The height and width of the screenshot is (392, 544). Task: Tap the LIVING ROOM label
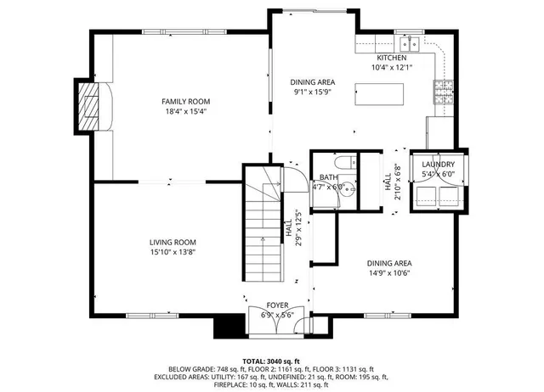[173, 242]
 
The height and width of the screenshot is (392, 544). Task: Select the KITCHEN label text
[391, 58]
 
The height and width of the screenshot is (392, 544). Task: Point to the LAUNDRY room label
[439, 165]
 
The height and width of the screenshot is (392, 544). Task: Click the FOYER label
[277, 305]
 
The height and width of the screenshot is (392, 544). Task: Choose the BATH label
[327, 176]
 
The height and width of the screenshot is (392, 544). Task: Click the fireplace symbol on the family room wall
[88, 106]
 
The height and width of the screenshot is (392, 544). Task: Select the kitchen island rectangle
[380, 93]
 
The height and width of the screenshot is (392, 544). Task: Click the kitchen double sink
[409, 43]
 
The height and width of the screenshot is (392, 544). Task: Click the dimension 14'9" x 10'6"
[389, 273]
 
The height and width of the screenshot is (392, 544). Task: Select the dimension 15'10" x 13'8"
[173, 252]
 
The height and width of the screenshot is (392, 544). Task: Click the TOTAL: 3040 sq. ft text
[272, 360]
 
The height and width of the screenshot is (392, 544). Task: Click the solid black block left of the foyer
[227, 327]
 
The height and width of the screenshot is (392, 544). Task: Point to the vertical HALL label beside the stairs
[289, 227]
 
